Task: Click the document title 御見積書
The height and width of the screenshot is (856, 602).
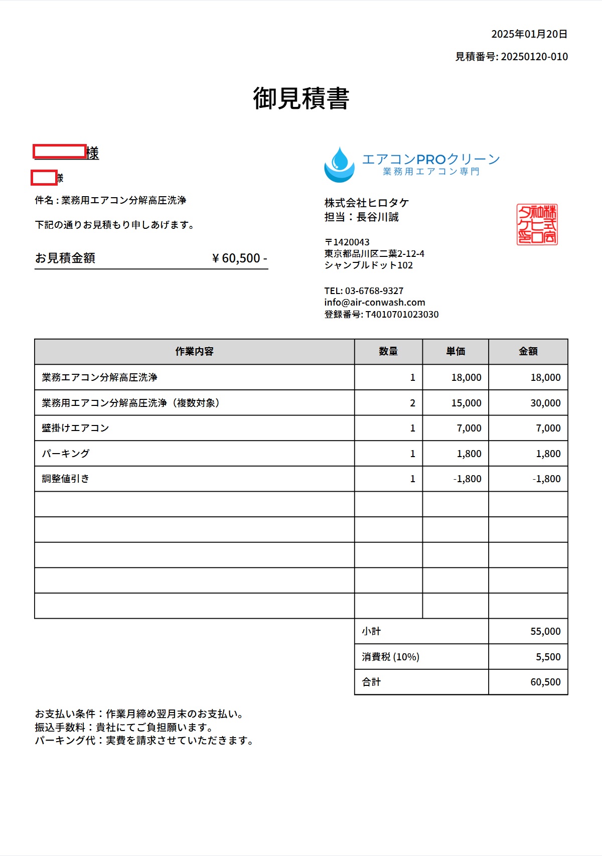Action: (301, 98)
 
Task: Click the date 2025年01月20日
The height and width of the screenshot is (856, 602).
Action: (529, 34)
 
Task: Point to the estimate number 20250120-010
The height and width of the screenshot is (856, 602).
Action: (534, 57)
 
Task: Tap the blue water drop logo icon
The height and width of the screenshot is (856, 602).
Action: (339, 165)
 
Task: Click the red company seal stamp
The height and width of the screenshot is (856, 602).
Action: (537, 224)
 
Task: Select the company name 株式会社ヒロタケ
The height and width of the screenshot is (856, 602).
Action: (367, 203)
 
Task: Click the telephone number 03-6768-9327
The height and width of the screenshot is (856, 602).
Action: (374, 291)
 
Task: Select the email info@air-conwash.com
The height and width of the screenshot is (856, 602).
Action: (375, 303)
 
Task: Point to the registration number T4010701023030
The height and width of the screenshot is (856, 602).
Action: (402, 315)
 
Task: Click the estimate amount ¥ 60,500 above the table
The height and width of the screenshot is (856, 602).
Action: (239, 258)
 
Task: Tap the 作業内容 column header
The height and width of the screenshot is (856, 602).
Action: (194, 352)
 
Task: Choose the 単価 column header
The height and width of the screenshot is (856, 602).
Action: (456, 352)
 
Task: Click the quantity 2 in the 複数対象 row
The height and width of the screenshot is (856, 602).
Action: (412, 403)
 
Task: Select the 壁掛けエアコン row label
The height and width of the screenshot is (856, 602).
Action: (75, 428)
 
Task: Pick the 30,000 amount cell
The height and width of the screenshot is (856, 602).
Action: (545, 403)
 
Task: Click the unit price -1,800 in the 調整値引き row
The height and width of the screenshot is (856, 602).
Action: (467, 479)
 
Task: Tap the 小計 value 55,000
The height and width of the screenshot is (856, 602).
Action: (545, 632)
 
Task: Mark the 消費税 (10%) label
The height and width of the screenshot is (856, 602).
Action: (390, 657)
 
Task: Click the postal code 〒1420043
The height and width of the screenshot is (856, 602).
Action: (347, 242)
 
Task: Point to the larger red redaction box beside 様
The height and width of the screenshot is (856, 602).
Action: (60, 151)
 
